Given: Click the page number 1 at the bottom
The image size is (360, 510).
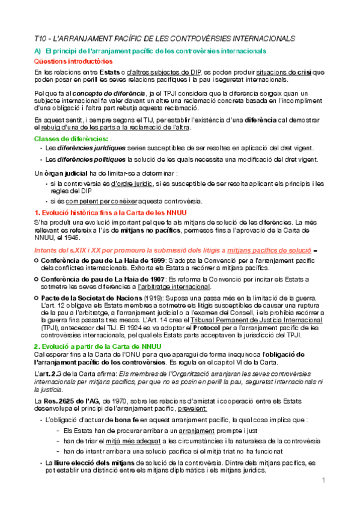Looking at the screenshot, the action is tap(323, 481).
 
